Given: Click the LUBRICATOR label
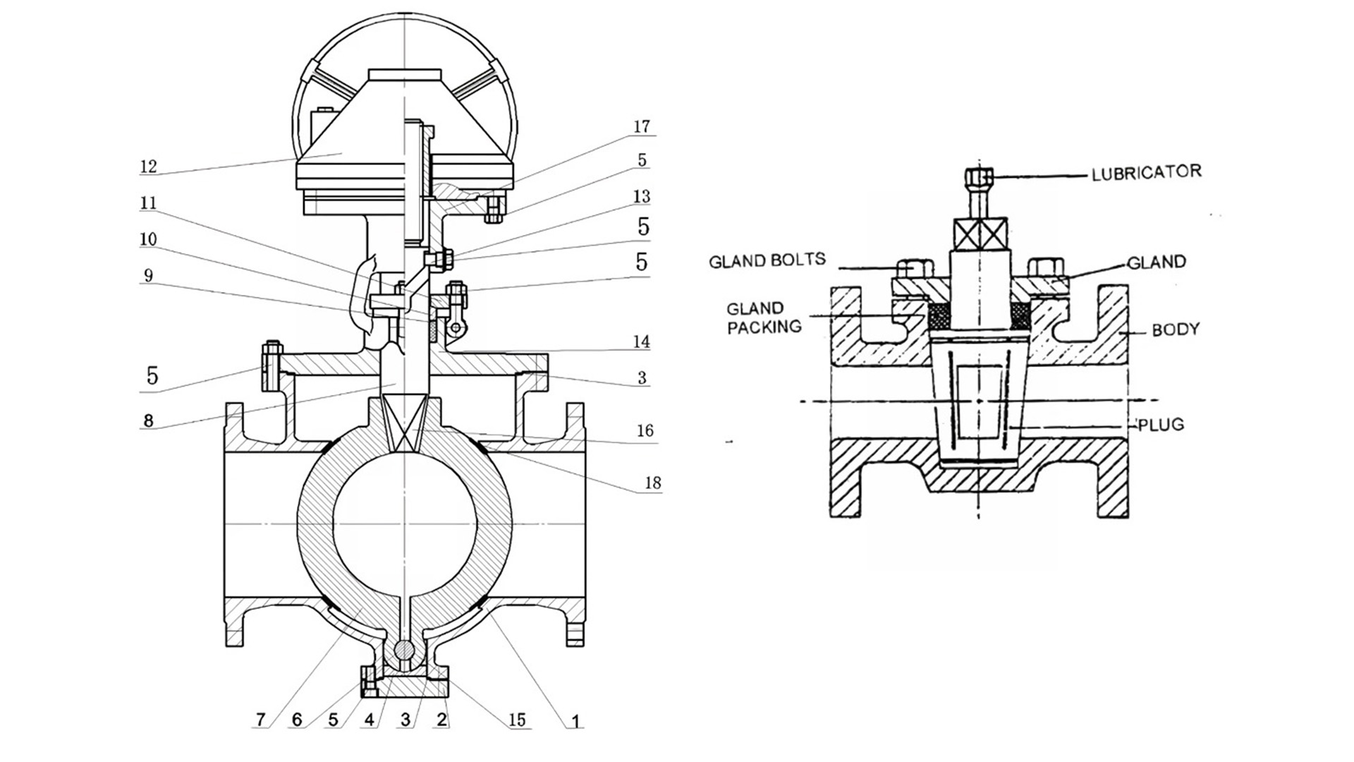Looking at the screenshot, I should pyautogui.click(x=1146, y=172).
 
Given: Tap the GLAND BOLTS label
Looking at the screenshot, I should pyautogui.click(x=767, y=260).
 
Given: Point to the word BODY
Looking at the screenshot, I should pyautogui.click(x=1176, y=329).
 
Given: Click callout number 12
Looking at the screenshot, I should pyautogui.click(x=148, y=167).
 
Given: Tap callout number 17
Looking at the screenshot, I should pyautogui.click(x=641, y=126).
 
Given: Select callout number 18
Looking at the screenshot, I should pyautogui.click(x=652, y=483).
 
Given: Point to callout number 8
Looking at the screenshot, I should pyautogui.click(x=147, y=421).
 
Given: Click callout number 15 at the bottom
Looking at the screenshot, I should pyautogui.click(x=517, y=720).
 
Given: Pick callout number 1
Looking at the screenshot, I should pyautogui.click(x=575, y=721).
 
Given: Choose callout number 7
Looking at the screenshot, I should pyautogui.click(x=260, y=720).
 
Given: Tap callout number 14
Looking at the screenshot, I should pyautogui.click(x=641, y=342).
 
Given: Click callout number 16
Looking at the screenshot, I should pyautogui.click(x=645, y=430).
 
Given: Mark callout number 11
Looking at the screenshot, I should pyautogui.click(x=147, y=203).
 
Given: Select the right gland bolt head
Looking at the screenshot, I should pyautogui.click(x=1046, y=267).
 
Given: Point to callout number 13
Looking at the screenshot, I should pyautogui.click(x=642, y=196).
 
